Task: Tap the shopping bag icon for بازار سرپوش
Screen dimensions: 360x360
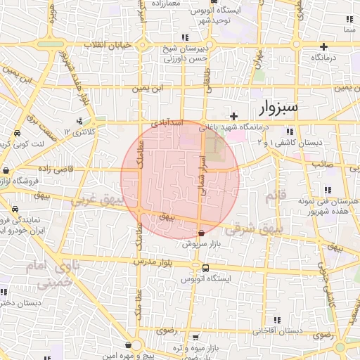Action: [202, 233]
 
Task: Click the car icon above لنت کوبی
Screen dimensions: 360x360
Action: [15, 133]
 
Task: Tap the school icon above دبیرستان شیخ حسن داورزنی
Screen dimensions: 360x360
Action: [185, 37]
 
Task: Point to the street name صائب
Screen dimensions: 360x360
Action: [323, 163]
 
